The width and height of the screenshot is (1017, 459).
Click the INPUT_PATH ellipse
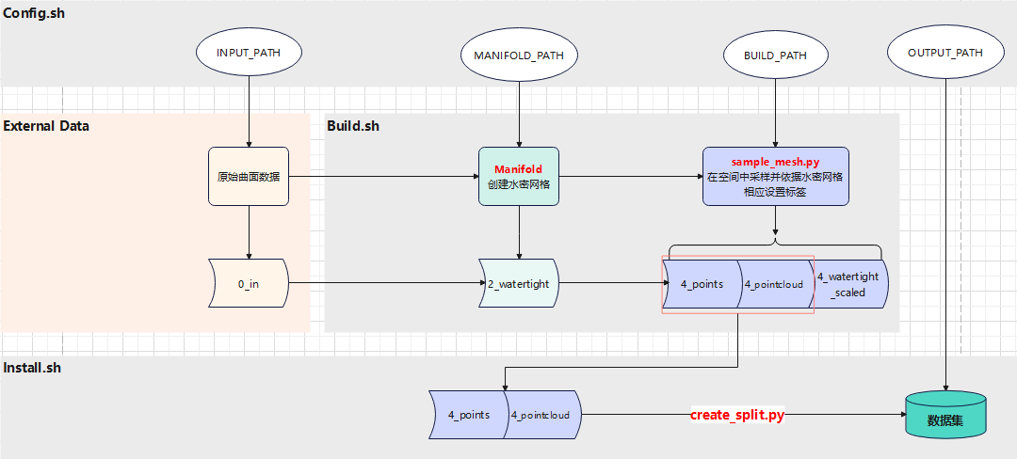(249, 53)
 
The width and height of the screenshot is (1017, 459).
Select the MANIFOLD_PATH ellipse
(519, 55)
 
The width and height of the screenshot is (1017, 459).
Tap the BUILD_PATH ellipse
(775, 55)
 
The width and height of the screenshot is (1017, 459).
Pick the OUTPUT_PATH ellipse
(944, 53)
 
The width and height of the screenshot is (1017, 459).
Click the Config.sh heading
(34, 13)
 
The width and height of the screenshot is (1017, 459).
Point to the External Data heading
(46, 125)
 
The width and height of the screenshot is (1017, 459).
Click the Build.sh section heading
(353, 125)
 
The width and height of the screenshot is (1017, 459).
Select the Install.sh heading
(32, 368)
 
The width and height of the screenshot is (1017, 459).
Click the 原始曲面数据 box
(249, 176)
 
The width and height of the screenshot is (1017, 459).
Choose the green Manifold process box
(518, 176)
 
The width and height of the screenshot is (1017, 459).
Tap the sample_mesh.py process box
(775, 176)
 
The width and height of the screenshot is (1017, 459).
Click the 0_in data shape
(249, 283)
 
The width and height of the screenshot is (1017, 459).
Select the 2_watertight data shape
(518, 283)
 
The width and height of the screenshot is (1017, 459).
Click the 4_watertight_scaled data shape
(849, 284)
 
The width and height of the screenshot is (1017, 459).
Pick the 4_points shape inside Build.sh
(702, 283)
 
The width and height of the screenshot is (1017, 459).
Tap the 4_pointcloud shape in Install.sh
(543, 414)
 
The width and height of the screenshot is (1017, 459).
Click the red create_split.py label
(736, 415)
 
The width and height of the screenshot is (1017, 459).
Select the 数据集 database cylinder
(944, 415)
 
